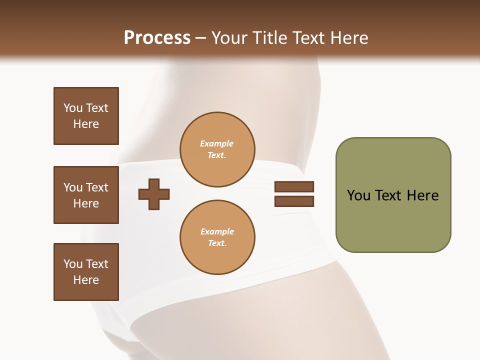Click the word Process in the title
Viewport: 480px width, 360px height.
157,38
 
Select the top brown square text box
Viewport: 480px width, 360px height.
86,116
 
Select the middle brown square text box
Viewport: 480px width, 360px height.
86,195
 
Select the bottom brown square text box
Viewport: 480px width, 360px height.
86,272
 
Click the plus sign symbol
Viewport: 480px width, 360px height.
154,194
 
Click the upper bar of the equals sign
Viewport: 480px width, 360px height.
294,186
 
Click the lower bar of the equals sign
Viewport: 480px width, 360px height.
294,201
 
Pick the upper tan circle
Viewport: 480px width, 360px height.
217,149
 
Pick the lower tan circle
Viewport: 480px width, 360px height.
217,237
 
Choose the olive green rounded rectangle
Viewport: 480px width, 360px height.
393,195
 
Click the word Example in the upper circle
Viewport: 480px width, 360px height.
217,143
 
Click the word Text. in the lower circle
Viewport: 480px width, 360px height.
217,243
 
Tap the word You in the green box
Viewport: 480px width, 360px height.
358,195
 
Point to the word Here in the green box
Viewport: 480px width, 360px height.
422,195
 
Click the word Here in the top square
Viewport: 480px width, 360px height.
86,124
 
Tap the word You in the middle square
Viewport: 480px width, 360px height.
72,187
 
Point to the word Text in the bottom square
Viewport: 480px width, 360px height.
96,264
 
